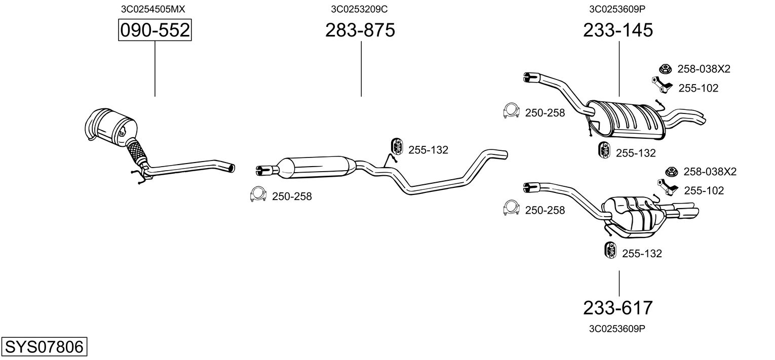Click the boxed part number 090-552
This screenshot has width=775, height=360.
(154, 31)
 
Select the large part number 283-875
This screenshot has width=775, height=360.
(360, 31)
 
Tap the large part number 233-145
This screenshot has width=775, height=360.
(618, 31)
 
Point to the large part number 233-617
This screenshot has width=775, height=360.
(618, 307)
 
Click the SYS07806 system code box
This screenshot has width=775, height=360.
(44, 347)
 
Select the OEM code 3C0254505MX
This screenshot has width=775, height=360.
(149, 9)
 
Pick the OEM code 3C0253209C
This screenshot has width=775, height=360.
(360, 9)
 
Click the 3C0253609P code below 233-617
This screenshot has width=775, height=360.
(617, 329)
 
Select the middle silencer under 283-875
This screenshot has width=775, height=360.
(317, 167)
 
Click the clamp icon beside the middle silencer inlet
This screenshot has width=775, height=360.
(258, 195)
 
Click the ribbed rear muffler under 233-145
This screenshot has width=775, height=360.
(628, 121)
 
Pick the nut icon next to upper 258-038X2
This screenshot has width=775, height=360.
(664, 69)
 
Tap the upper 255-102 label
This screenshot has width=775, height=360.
(698, 88)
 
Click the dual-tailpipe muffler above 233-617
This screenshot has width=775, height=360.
(633, 215)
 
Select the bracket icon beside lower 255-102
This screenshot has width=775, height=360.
(668, 187)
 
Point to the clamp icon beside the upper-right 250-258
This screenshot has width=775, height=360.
(512, 111)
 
